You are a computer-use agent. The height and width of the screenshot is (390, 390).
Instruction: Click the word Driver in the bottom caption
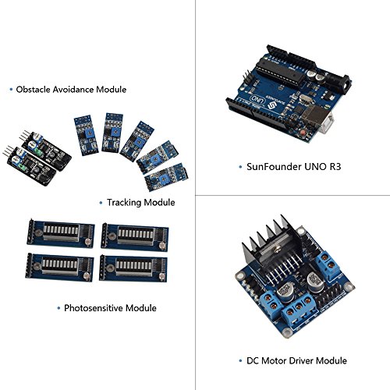pos(300,360)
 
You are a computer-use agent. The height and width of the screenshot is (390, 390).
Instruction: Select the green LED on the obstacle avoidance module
pos(23,165)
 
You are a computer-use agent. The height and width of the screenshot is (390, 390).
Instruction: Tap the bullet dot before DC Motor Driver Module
pos(240,360)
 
